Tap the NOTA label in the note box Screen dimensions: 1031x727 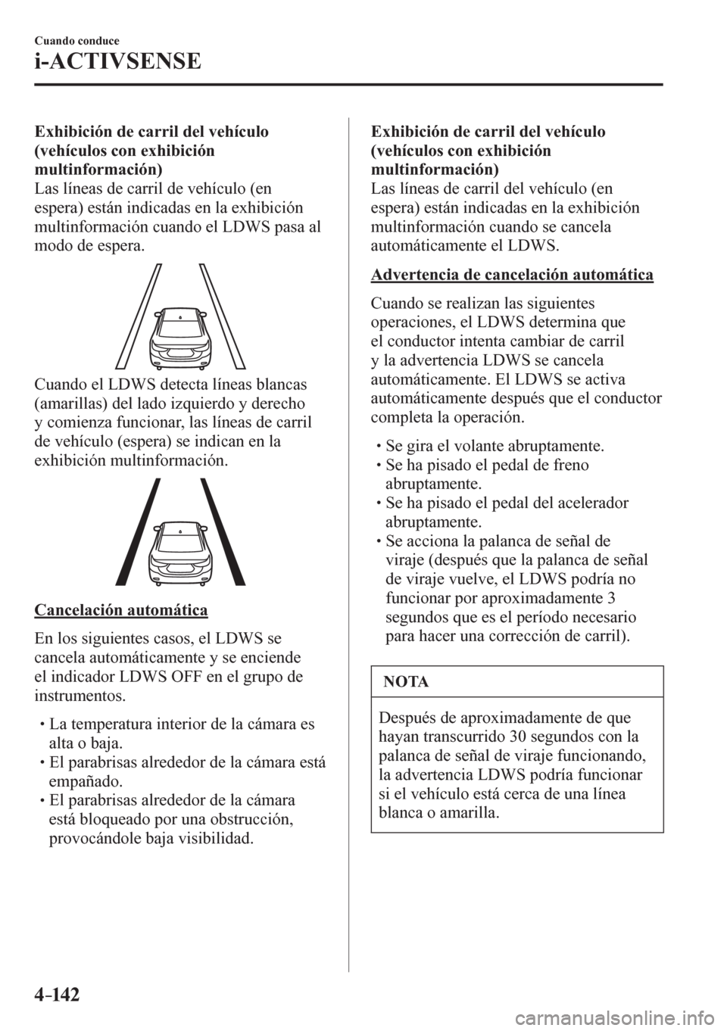pos(411,681)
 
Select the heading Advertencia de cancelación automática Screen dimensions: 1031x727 pos(513,273)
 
